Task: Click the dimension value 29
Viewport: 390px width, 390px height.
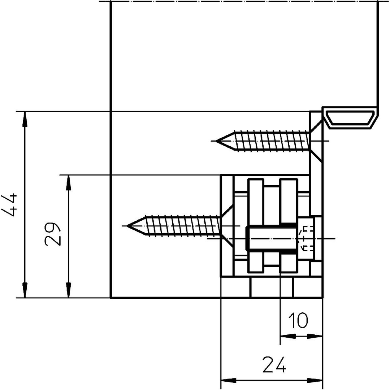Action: click(53, 234)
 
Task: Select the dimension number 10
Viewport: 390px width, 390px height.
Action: click(298, 320)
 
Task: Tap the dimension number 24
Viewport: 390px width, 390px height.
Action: click(274, 365)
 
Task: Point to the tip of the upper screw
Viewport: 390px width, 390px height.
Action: click(216, 141)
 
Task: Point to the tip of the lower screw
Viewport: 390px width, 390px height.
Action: click(127, 226)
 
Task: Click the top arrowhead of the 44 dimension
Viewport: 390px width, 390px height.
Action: click(25, 119)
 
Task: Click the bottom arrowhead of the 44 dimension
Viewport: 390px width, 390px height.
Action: click(25, 290)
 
